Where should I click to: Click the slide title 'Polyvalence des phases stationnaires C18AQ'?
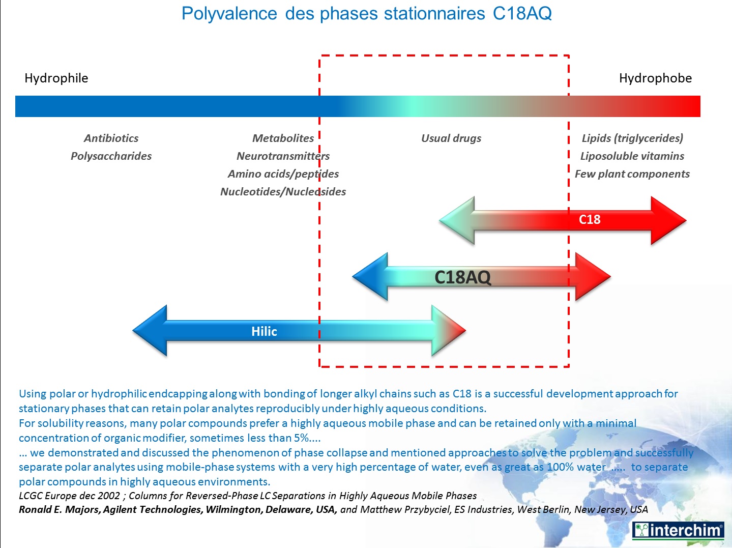point(366,14)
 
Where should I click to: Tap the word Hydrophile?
point(56,78)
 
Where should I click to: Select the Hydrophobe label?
point(655,78)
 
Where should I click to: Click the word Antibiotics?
point(111,138)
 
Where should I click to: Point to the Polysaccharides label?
point(111,156)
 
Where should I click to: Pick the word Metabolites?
point(283,138)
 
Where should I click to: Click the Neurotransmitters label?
point(283,156)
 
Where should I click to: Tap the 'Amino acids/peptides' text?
point(283,174)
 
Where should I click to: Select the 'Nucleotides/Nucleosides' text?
point(283,192)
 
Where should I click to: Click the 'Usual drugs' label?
point(451,138)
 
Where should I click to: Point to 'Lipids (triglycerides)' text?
point(632,138)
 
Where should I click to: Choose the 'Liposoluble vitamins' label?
point(632,156)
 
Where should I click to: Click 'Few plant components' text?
point(632,174)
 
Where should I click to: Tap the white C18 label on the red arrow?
point(590,220)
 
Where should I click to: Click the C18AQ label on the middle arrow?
point(462,277)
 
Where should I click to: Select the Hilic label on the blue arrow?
point(264,332)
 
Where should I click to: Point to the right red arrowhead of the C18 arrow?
point(669,220)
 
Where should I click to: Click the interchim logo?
point(678,530)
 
